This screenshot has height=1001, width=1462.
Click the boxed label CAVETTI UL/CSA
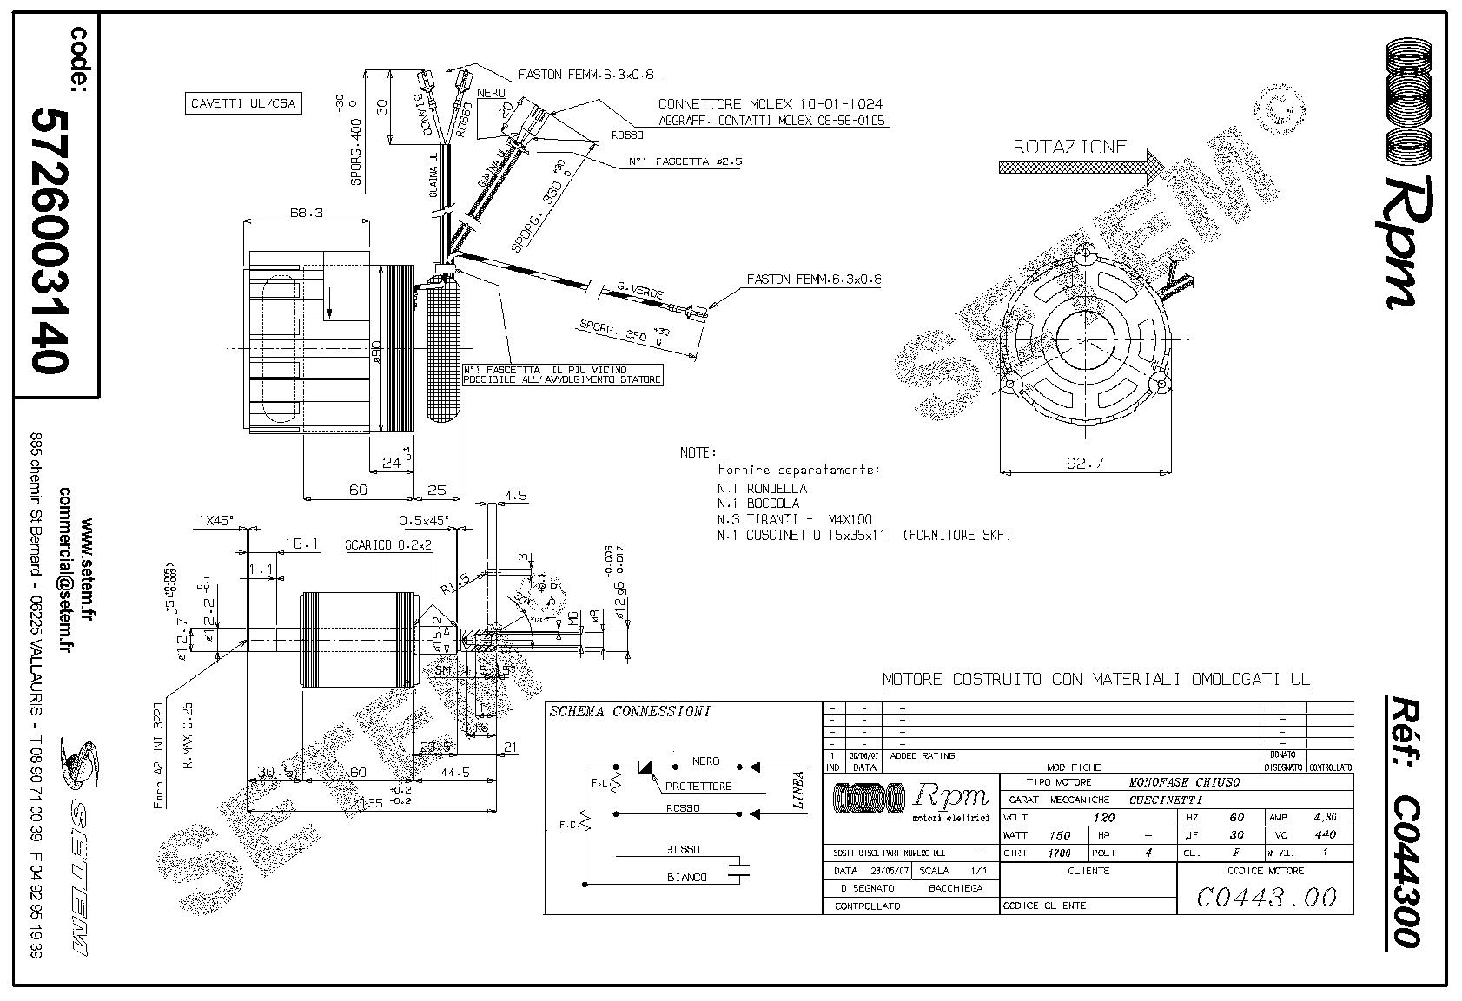[x=243, y=104]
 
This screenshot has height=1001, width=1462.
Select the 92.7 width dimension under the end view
[x=1085, y=464]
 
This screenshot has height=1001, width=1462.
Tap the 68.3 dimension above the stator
[x=303, y=213]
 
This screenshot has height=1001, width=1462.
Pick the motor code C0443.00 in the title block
[x=1266, y=896]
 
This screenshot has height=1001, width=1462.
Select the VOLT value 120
[x=1104, y=818]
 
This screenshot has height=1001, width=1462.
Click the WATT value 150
[x=1060, y=835]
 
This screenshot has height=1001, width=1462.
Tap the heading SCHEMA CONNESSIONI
[x=630, y=712]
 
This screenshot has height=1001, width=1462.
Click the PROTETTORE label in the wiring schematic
[x=698, y=787]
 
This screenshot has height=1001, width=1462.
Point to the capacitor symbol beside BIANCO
[x=739, y=871]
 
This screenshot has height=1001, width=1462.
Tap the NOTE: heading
[x=698, y=452]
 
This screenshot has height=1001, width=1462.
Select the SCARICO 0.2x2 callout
[x=388, y=545]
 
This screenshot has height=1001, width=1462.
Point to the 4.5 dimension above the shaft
[x=516, y=496]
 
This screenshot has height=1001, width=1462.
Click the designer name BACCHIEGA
[x=956, y=888]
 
